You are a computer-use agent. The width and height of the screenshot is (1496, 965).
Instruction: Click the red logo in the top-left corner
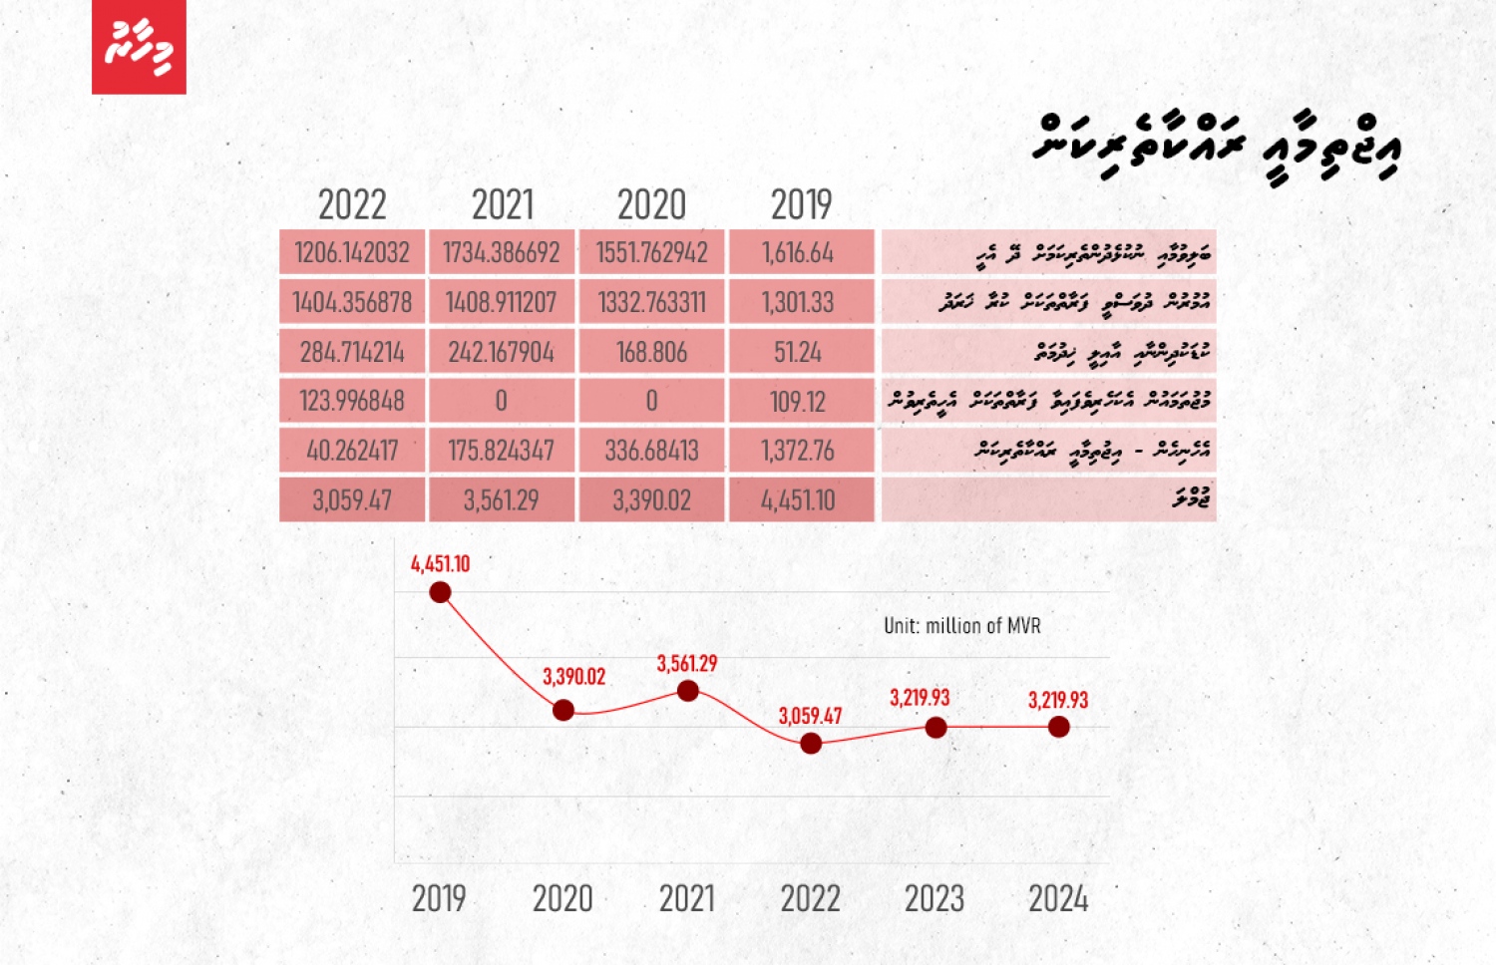click(x=139, y=47)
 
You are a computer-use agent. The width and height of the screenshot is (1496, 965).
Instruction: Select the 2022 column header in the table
click(x=352, y=205)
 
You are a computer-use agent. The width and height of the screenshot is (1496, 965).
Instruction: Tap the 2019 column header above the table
click(x=801, y=205)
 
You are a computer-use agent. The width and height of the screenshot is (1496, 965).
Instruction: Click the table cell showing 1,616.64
click(x=801, y=252)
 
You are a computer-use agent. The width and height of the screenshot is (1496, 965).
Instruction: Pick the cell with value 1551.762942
click(x=651, y=252)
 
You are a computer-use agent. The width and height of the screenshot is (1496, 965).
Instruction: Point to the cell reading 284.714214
click(x=352, y=352)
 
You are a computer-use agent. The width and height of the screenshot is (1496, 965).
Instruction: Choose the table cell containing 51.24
click(x=801, y=352)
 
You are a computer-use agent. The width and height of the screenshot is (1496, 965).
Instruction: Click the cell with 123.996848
click(x=352, y=401)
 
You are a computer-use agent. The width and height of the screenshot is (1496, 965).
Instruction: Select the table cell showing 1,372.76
click(x=801, y=451)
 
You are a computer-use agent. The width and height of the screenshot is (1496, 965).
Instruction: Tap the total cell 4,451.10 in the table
click(x=801, y=499)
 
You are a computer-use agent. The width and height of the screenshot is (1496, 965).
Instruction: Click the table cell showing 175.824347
click(x=502, y=451)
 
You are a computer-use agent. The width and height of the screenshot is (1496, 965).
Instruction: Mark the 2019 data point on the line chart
click(x=440, y=593)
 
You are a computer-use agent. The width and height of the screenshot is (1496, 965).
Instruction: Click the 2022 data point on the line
click(x=811, y=743)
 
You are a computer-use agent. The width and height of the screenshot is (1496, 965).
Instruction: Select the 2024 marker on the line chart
click(x=1059, y=727)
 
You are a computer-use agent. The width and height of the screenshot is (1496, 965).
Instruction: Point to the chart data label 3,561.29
click(x=687, y=664)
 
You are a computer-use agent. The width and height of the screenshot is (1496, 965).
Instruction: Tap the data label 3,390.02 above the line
click(x=574, y=677)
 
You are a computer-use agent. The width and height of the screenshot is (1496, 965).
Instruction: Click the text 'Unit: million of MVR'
click(x=962, y=626)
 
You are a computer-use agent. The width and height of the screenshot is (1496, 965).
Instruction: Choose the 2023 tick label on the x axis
click(x=935, y=899)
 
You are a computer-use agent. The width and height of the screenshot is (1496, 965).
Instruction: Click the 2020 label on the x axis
click(x=562, y=899)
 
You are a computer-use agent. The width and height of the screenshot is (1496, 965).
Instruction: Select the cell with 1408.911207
click(x=502, y=302)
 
